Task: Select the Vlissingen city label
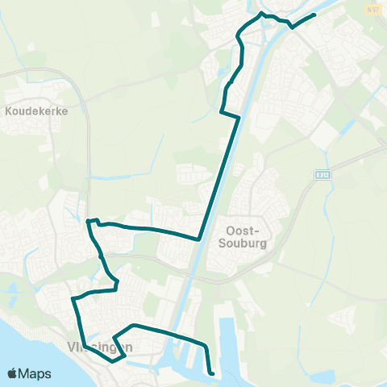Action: click(96, 347)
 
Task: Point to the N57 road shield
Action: click(372, 10)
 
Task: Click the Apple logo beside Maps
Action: click(13, 373)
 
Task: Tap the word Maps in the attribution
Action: click(35, 373)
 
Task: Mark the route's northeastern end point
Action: click(314, 15)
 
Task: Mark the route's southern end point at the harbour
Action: click(211, 373)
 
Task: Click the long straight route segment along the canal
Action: click(219, 177)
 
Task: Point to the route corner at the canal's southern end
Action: click(199, 239)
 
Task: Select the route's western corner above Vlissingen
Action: click(73, 298)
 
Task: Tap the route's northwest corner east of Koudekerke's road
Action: click(87, 220)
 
